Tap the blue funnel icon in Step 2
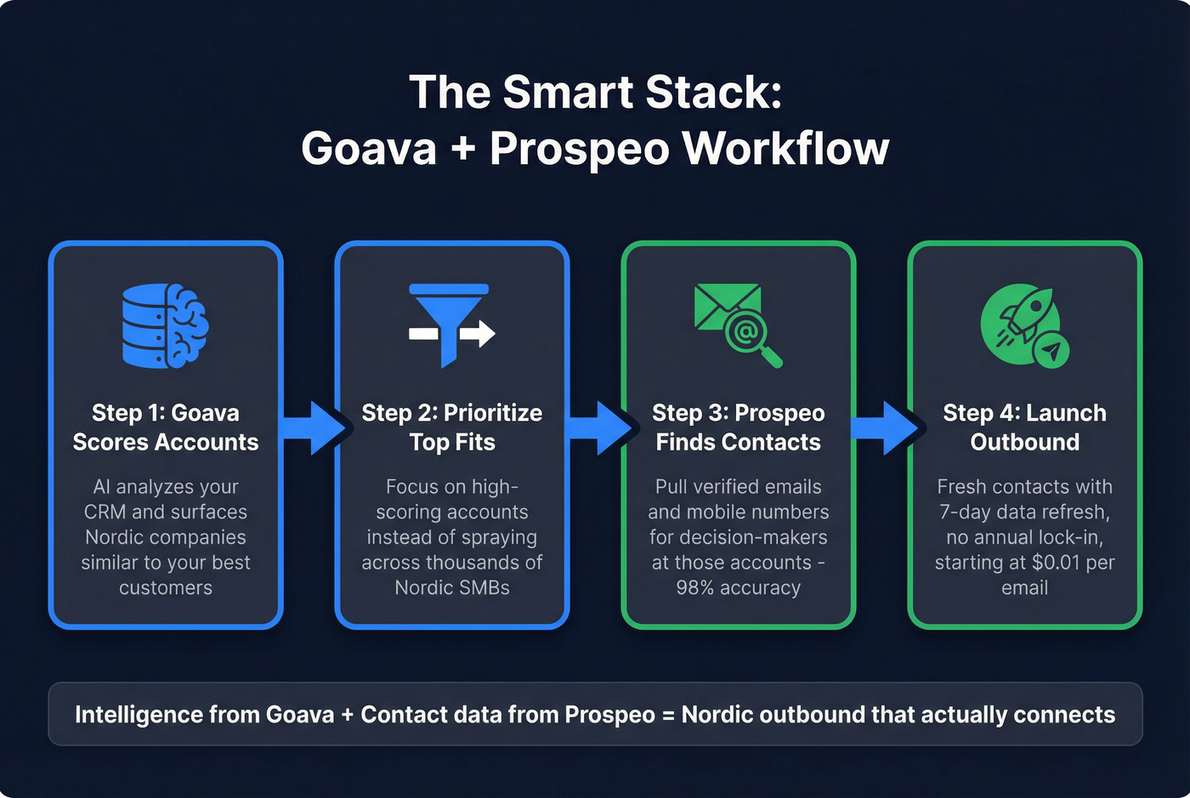[450, 325]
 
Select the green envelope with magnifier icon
[737, 325]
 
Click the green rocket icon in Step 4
[1020, 320]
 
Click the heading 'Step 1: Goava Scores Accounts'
[166, 427]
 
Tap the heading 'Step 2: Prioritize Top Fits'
[452, 427]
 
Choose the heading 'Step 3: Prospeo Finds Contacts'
[738, 427]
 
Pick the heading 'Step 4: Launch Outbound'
[1024, 427]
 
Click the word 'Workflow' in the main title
[785, 149]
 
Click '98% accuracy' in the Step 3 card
[738, 587]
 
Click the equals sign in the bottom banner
[667, 715]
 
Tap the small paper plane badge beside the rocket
[1052, 349]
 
